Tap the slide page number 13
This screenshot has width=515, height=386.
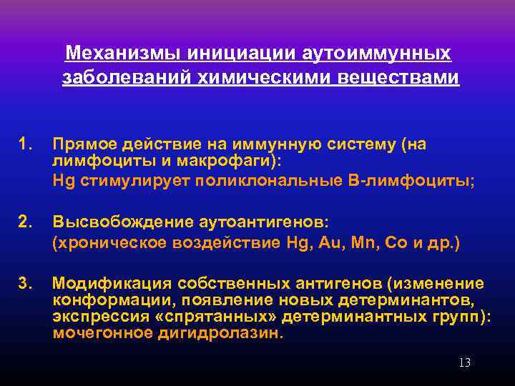pos(464,363)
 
